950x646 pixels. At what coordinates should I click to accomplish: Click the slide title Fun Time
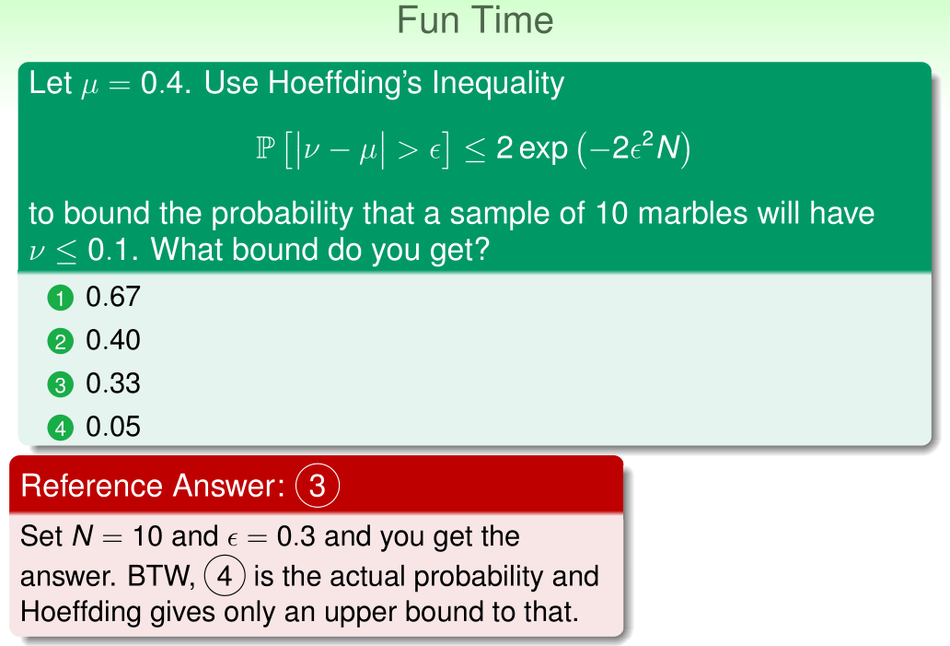click(x=475, y=20)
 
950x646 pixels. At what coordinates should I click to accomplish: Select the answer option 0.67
click(x=113, y=297)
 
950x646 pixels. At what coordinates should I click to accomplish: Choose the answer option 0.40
click(x=113, y=340)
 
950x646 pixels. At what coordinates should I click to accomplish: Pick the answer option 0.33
click(x=113, y=383)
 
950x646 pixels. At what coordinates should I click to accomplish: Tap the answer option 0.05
click(x=113, y=427)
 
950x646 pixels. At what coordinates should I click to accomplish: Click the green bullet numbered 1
click(x=60, y=298)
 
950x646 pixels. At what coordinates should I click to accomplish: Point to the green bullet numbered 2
click(x=60, y=342)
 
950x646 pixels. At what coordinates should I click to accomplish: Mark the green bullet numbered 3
click(x=60, y=384)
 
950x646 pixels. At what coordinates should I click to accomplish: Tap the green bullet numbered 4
click(x=60, y=429)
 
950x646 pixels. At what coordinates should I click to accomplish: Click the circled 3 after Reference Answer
click(x=318, y=486)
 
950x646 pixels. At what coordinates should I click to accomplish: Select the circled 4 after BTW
click(x=225, y=575)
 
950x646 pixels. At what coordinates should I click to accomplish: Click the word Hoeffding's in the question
click(x=344, y=83)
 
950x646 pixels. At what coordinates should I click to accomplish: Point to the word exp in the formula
click(x=543, y=149)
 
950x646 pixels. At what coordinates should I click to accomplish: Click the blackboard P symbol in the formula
click(x=265, y=147)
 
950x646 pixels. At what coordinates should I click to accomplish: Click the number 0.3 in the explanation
click(x=295, y=536)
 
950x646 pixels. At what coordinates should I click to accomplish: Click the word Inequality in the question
click(x=498, y=84)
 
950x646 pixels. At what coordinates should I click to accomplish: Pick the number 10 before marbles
click(x=612, y=213)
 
